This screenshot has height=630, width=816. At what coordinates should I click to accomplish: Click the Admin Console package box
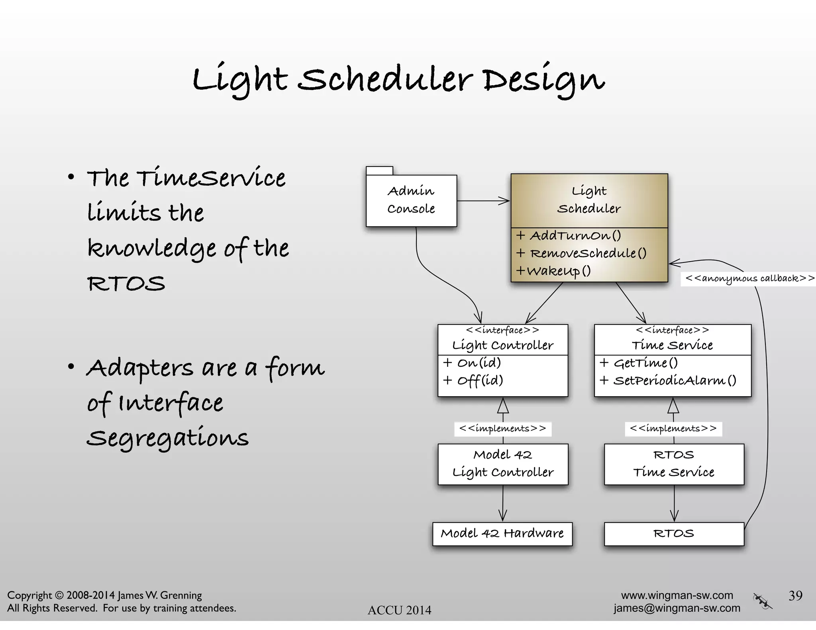coord(411,200)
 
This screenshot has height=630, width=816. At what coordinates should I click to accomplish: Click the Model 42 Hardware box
coord(502,533)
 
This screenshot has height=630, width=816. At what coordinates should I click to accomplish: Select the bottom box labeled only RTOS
coord(674,533)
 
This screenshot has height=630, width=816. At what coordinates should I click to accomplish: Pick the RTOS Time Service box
coord(674,464)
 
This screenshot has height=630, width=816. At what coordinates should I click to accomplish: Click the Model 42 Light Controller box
coord(503,464)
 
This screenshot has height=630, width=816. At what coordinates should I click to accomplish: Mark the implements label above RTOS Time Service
coord(673,428)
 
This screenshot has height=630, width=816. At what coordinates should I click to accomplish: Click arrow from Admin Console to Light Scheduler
coord(483,201)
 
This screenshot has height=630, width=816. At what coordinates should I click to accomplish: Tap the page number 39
coord(795,595)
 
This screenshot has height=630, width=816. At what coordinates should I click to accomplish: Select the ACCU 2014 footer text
coord(399,610)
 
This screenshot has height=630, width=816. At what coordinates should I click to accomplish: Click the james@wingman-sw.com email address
coord(677,608)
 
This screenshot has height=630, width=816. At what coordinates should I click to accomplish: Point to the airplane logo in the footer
coord(762,601)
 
